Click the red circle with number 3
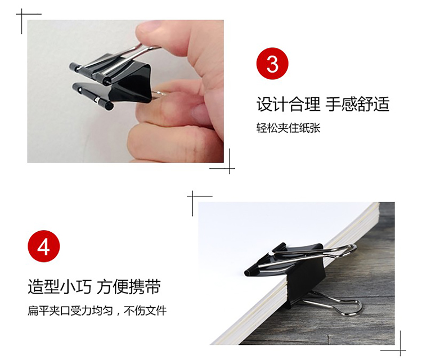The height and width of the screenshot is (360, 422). click(x=272, y=64)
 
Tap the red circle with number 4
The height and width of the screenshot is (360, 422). click(x=43, y=246)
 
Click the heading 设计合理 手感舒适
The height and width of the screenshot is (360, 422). click(x=323, y=104)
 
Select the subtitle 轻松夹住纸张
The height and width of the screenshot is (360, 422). click(x=288, y=128)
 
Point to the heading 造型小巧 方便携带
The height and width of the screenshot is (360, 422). click(x=94, y=287)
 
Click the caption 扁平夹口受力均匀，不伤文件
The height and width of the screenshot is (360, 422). click(x=97, y=310)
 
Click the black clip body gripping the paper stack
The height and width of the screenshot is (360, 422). click(x=291, y=269)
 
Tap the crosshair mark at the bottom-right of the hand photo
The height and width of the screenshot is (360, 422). click(x=230, y=168)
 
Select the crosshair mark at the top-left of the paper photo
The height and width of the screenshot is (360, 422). click(x=192, y=196)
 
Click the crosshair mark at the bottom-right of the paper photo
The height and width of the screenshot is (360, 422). click(x=400, y=350)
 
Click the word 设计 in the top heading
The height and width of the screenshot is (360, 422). click(x=272, y=104)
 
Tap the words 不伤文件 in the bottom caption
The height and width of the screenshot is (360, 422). click(x=146, y=310)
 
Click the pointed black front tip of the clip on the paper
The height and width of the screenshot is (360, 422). click(x=248, y=272)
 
